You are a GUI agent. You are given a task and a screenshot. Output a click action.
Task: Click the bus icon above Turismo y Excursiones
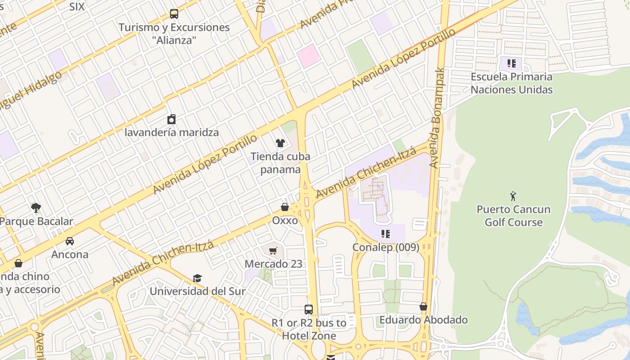[x=174, y=14]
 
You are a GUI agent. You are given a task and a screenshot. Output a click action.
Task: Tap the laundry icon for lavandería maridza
[x=171, y=119]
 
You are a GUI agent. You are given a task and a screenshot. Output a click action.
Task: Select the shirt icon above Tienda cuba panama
[x=280, y=143]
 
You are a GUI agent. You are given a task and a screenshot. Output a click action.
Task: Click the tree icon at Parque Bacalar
[x=36, y=208]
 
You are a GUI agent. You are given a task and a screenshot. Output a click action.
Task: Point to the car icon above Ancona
[x=70, y=241]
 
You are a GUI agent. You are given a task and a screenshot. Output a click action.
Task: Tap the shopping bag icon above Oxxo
[x=285, y=207]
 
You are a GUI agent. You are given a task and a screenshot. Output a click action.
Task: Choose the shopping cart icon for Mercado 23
[x=273, y=251]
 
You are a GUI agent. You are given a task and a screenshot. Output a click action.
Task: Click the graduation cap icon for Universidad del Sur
[x=197, y=278]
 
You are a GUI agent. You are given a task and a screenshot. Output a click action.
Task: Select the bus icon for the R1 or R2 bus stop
[x=309, y=310]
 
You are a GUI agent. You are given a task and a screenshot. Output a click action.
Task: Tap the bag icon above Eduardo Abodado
[x=423, y=306]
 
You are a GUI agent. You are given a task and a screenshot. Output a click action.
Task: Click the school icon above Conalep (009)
[x=386, y=234]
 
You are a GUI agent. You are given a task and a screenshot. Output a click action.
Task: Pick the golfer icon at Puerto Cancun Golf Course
[x=513, y=196]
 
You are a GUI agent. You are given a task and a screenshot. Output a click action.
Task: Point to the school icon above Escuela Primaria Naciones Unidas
[x=511, y=63]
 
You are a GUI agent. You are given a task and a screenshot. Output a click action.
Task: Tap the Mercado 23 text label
[x=273, y=264]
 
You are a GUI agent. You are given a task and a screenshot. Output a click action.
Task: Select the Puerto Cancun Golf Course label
[x=513, y=216]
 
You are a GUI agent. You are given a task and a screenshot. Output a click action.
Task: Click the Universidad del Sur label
[x=198, y=291]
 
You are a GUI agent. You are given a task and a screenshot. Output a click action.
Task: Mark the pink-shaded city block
[x=308, y=56]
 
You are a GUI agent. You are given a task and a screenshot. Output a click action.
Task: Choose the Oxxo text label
[x=285, y=220]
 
